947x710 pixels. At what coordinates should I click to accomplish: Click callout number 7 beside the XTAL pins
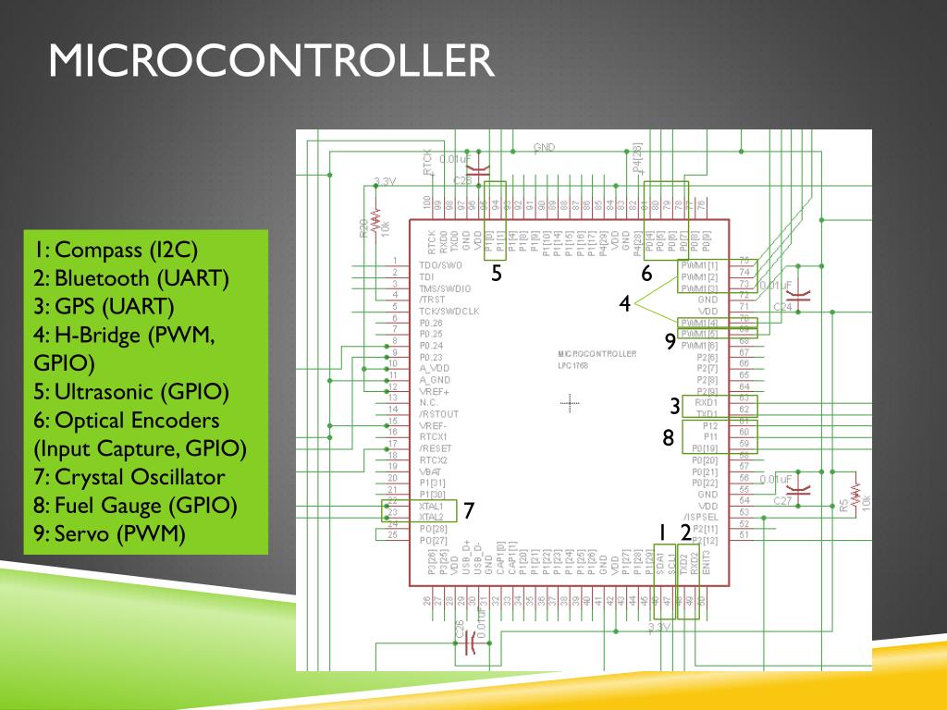coord(468,510)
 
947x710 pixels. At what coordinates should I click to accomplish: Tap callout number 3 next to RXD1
coord(675,407)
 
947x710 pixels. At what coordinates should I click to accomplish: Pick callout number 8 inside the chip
coord(668,437)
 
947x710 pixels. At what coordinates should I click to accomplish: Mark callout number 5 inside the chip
coord(497,273)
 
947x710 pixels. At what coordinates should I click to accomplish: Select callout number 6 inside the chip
coord(646,273)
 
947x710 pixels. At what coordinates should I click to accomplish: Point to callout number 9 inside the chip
coord(670,342)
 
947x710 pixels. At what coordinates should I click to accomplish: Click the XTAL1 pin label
coord(431,506)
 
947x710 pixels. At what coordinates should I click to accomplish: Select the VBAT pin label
coord(430,471)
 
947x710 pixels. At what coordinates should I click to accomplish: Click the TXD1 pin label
coord(706,413)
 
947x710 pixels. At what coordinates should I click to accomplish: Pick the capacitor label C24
coord(782,306)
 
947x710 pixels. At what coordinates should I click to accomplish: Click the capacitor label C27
coord(781,500)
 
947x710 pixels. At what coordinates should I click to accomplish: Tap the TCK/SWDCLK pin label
coord(449,312)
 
